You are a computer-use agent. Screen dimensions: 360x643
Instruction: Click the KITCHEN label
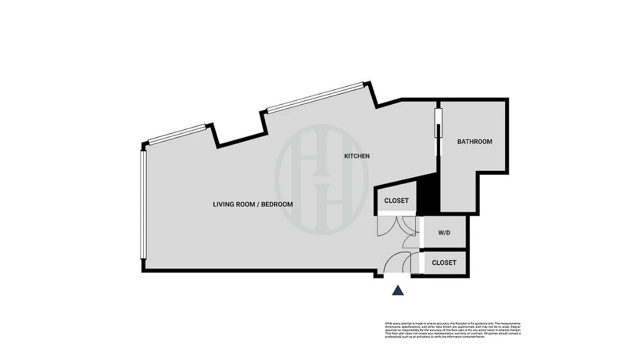(x=357, y=156)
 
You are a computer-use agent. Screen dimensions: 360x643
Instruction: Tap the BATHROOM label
(x=475, y=141)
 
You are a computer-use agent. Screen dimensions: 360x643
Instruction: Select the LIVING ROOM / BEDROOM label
(x=252, y=204)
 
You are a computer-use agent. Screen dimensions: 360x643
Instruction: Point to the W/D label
(x=444, y=233)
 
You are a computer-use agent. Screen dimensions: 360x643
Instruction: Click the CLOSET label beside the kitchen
(x=396, y=201)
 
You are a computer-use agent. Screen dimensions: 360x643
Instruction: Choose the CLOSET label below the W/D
(x=444, y=263)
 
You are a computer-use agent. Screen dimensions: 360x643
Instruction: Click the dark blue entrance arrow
(x=398, y=290)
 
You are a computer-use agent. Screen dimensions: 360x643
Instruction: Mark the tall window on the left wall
(x=143, y=205)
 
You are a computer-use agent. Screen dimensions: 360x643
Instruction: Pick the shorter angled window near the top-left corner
(x=177, y=134)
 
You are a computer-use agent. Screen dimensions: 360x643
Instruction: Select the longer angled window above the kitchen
(x=315, y=97)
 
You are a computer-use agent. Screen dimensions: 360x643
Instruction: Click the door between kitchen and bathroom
(x=437, y=123)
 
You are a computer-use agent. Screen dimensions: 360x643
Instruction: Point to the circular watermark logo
(x=322, y=179)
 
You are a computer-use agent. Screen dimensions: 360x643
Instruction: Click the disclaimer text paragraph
(x=453, y=330)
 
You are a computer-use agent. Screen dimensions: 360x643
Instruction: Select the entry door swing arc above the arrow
(x=396, y=263)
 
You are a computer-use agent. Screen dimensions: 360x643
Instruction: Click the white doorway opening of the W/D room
(x=422, y=232)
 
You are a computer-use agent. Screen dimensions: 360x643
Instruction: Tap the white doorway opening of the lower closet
(x=422, y=263)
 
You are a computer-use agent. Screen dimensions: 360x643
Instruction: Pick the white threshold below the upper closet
(x=396, y=214)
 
